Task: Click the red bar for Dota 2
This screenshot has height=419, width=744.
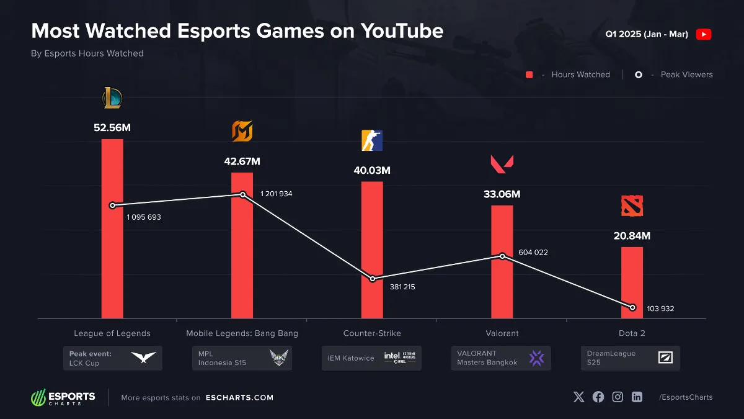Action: tap(632, 282)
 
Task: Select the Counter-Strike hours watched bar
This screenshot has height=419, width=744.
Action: tap(372, 248)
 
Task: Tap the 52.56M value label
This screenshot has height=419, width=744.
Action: tap(112, 128)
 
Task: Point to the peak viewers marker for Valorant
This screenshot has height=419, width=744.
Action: tap(503, 256)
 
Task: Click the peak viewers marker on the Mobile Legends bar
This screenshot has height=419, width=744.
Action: tap(242, 194)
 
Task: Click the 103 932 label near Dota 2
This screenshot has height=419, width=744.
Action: tap(660, 309)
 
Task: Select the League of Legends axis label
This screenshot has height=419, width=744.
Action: tap(112, 333)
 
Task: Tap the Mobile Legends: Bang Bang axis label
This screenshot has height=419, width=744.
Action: tap(242, 333)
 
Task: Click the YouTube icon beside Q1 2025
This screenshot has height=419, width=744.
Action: tap(703, 34)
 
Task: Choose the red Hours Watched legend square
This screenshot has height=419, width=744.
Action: tap(529, 74)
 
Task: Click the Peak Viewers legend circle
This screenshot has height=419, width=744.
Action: tap(639, 74)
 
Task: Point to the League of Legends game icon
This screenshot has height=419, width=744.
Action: tap(112, 98)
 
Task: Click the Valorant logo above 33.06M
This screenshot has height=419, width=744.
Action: tap(502, 164)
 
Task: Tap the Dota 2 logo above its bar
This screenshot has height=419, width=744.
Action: tap(632, 205)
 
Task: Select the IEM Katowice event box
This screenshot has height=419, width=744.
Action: tap(371, 358)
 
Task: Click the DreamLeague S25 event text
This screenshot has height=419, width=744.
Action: tap(603, 358)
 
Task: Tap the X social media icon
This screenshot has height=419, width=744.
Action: tap(578, 397)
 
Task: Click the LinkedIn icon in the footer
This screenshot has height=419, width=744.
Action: tap(637, 397)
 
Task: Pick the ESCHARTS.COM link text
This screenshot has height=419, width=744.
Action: tap(239, 398)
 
